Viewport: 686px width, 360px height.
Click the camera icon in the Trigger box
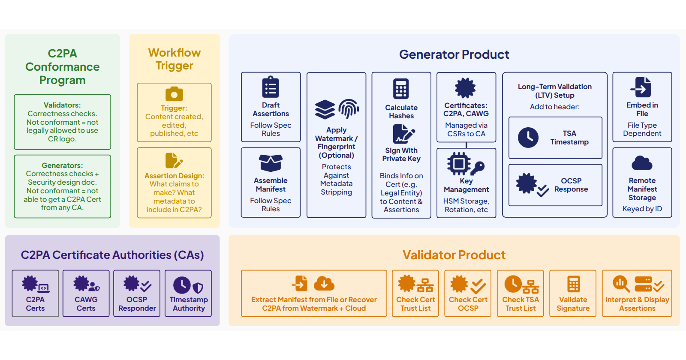click(x=174, y=94)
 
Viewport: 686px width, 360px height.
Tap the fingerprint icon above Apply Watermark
click(x=349, y=109)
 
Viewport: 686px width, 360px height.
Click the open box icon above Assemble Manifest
click(x=271, y=163)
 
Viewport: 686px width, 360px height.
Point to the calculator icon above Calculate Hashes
click(x=401, y=89)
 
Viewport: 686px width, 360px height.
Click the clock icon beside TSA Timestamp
click(x=528, y=138)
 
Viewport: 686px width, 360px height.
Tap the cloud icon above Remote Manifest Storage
click(x=642, y=163)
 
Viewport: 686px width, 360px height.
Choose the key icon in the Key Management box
click(x=478, y=168)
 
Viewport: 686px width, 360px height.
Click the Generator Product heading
click(x=454, y=54)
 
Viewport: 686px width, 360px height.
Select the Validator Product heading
click(x=454, y=255)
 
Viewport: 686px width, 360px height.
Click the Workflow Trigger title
click(x=175, y=59)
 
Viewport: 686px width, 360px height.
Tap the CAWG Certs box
click(x=86, y=293)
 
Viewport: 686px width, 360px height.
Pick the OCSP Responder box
click(x=137, y=293)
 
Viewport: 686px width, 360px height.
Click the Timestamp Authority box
click(x=188, y=293)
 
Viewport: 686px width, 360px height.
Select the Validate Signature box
click(x=573, y=293)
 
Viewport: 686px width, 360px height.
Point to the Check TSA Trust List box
click(x=521, y=293)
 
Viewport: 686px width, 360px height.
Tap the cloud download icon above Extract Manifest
click(x=324, y=283)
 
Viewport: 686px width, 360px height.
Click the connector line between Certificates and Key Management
click(x=466, y=145)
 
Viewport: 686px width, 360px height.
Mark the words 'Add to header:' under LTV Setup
click(x=555, y=107)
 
